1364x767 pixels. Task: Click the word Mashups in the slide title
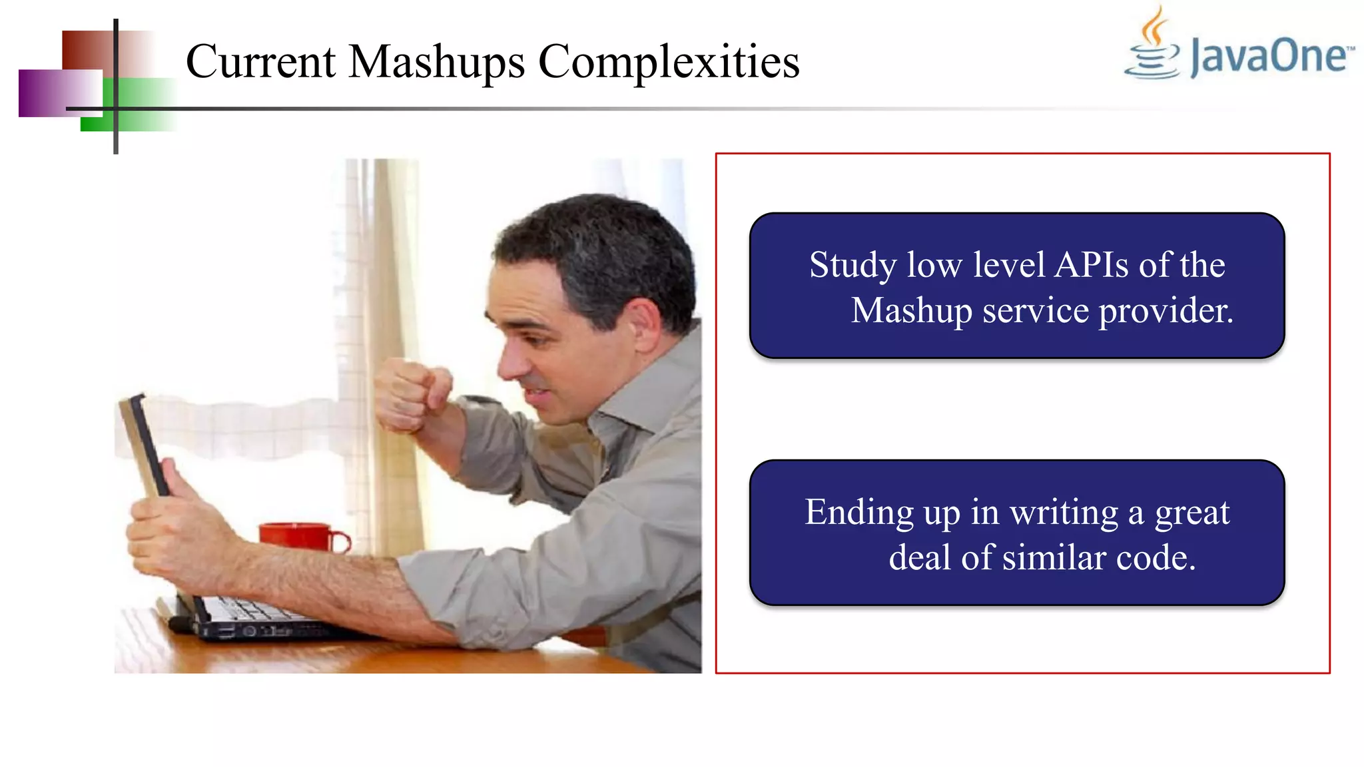436,62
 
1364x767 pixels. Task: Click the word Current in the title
260,62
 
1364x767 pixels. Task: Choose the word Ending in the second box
858,513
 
